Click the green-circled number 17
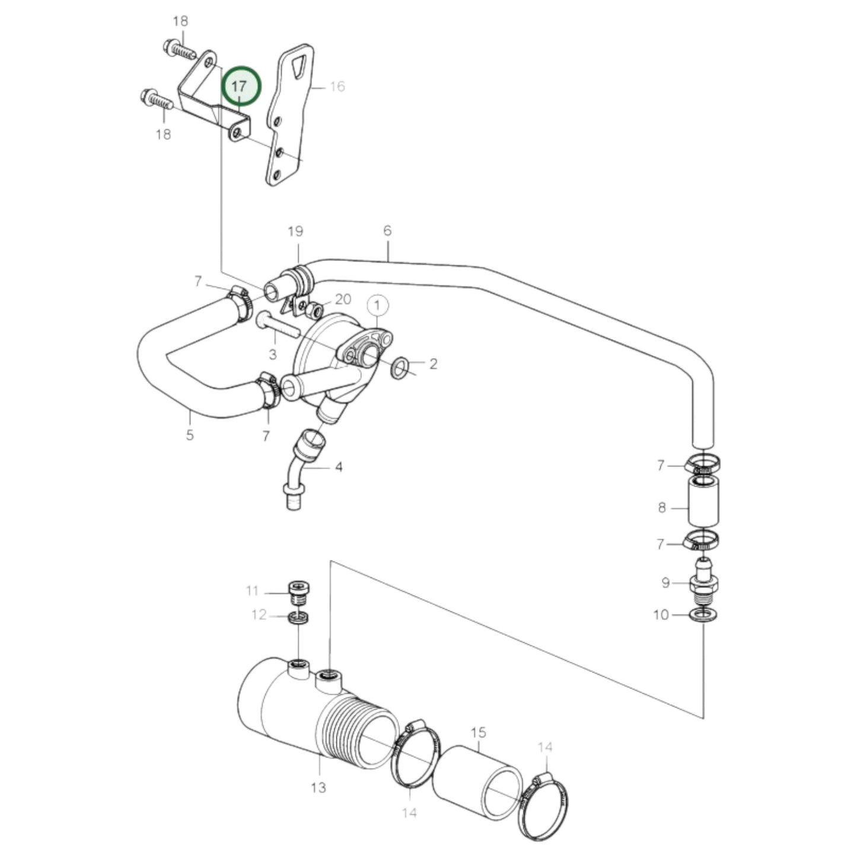click(240, 87)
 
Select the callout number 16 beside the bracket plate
click(337, 87)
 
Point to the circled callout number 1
click(377, 306)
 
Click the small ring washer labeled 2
click(400, 367)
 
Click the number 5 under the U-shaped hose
click(189, 435)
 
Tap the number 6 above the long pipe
click(387, 230)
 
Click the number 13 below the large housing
click(318, 787)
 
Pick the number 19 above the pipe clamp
click(295, 231)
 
